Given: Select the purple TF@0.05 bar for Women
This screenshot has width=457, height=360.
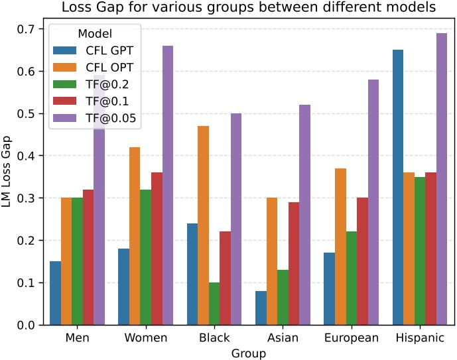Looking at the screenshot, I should pos(167,186).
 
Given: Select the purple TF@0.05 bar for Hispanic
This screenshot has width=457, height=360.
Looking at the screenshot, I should pos(441,179).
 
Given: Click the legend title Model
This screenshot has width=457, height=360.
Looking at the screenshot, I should pos(92,32).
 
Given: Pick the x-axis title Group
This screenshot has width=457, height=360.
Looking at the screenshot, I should pos(248,353).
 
